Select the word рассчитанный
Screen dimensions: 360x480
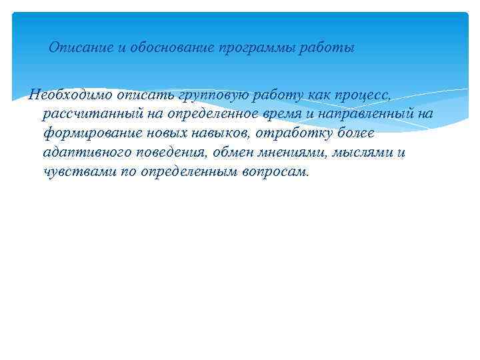tap(86, 115)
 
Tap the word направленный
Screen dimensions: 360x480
tap(370, 115)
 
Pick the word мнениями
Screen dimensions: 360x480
tap(297, 153)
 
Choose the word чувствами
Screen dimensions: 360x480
tap(76, 171)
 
